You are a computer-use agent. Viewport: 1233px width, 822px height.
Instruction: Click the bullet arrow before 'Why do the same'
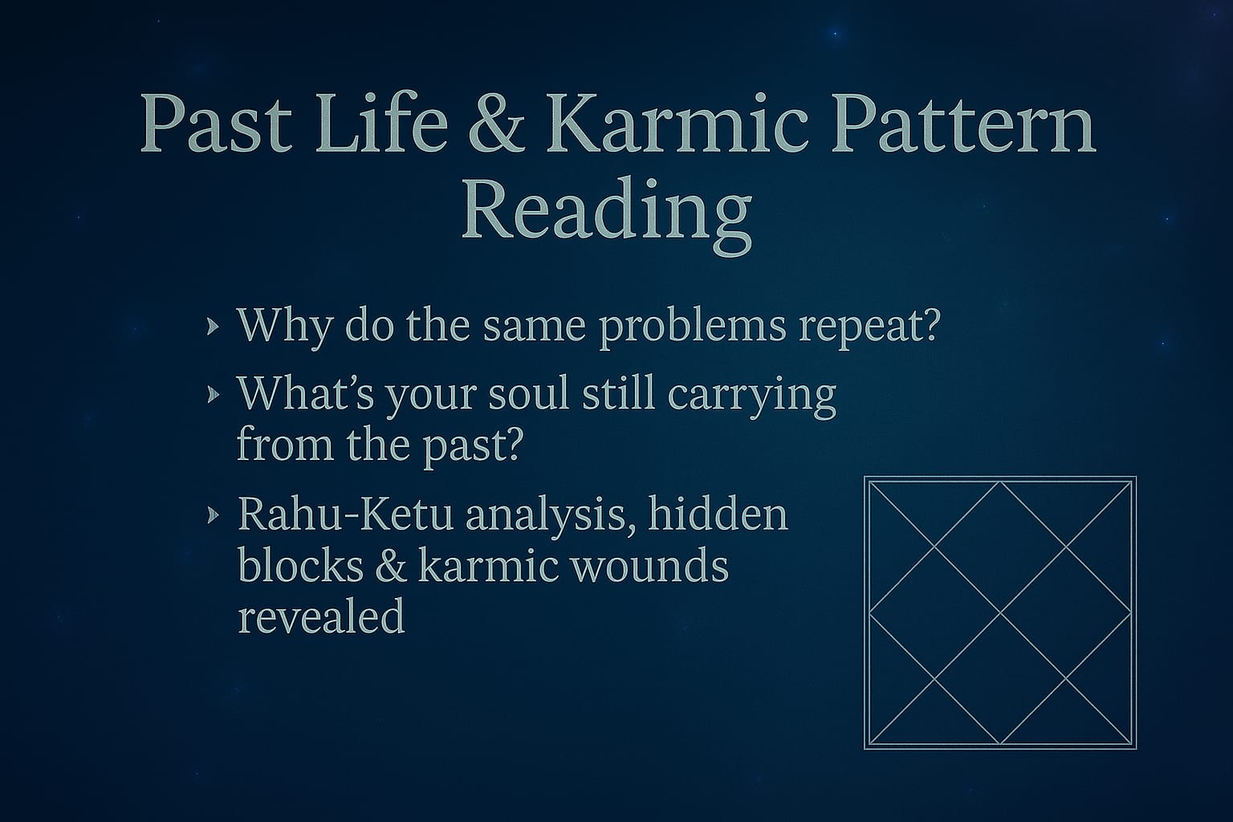[213, 327]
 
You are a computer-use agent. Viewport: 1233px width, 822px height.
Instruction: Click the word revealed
[321, 616]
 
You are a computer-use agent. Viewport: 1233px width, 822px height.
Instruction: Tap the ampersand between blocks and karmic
[391, 566]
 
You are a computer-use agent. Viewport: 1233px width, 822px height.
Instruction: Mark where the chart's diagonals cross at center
[1000, 613]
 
